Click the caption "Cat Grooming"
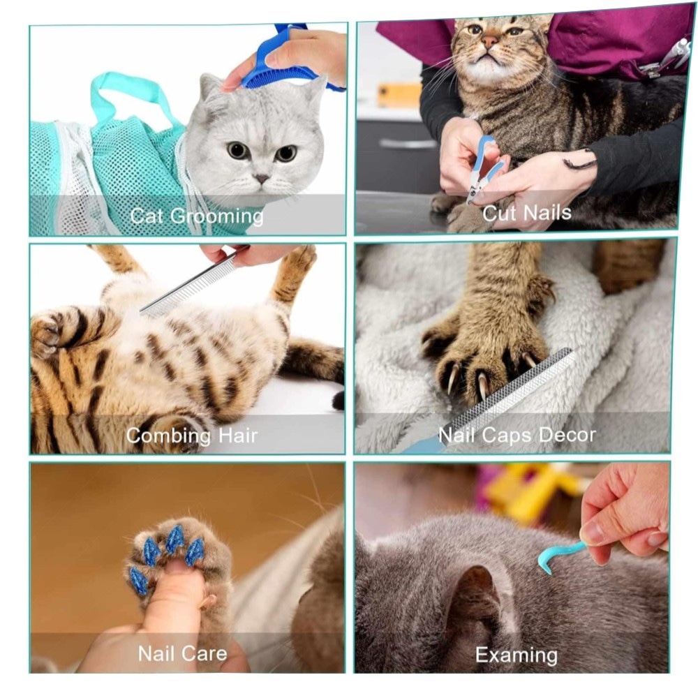pyautogui.click(x=197, y=217)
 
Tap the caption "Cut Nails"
pyautogui.click(x=526, y=213)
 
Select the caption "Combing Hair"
pyautogui.click(x=192, y=436)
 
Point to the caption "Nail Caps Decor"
pyautogui.click(x=517, y=434)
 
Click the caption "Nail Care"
pyautogui.click(x=182, y=653)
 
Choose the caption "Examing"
pyautogui.click(x=517, y=655)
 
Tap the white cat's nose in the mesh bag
pyautogui.click(x=261, y=179)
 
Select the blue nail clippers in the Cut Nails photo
pyautogui.click(x=485, y=169)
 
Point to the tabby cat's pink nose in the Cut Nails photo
pyautogui.click(x=490, y=43)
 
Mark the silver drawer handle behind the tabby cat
pyautogui.click(x=408, y=143)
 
